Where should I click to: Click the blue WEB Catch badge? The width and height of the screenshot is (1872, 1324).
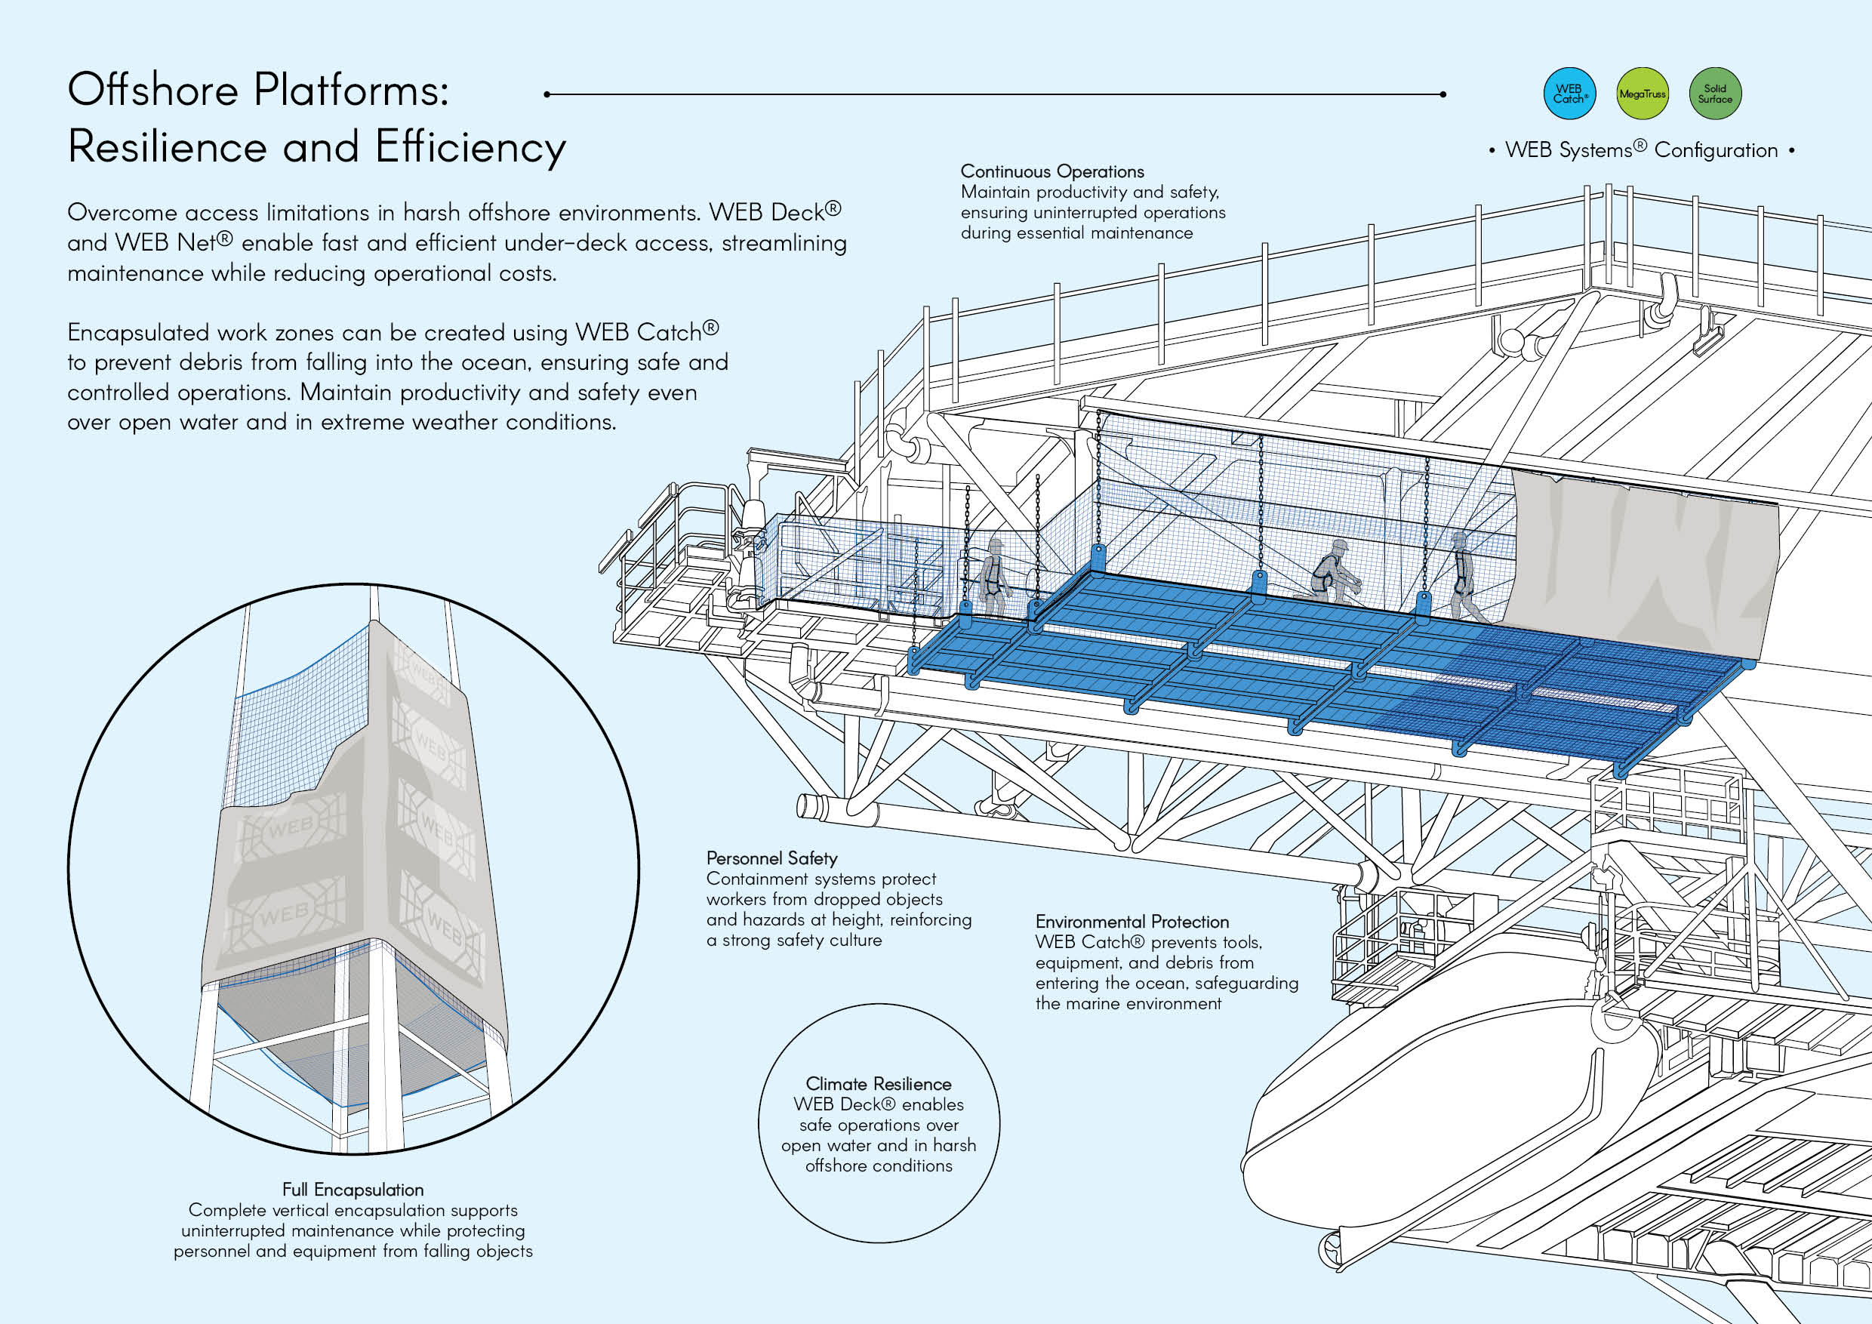pyautogui.click(x=1569, y=94)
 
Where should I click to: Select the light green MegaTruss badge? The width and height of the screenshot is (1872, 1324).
pyautogui.click(x=1642, y=94)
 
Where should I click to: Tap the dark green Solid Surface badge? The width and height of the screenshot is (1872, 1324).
pyautogui.click(x=1715, y=94)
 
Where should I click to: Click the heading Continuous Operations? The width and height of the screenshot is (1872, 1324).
pyautogui.click(x=1051, y=172)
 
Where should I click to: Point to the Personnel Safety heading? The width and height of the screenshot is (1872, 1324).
pyautogui.click(x=771, y=858)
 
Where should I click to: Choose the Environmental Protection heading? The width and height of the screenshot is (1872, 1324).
pyautogui.click(x=1132, y=922)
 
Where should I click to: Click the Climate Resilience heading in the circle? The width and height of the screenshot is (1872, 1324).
pyautogui.click(x=878, y=1084)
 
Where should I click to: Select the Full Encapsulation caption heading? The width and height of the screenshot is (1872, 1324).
pyautogui.click(x=353, y=1190)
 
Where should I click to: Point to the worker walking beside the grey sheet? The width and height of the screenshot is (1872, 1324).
pyautogui.click(x=1464, y=577)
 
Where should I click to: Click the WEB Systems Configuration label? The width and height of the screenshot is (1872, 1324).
pyautogui.click(x=1641, y=150)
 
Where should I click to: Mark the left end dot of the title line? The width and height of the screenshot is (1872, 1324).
pyautogui.click(x=547, y=94)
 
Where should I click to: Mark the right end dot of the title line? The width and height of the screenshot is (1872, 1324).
pyautogui.click(x=1443, y=94)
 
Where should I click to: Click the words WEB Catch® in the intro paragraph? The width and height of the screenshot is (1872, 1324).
pyautogui.click(x=647, y=333)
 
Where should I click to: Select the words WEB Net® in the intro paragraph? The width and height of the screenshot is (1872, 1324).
pyautogui.click(x=174, y=243)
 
